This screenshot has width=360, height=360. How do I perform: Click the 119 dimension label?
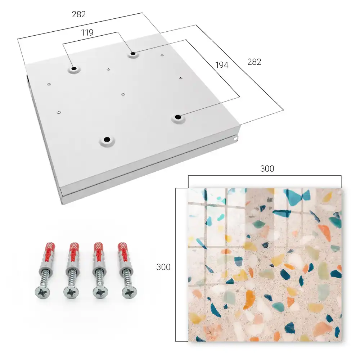tap(87, 33)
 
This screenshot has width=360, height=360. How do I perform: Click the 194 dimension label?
tap(222, 65)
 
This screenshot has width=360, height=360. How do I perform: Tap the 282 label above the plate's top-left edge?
tap(79, 14)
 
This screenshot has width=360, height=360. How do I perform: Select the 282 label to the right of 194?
tap(254, 62)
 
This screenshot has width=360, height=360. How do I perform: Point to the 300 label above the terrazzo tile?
tap(267, 169)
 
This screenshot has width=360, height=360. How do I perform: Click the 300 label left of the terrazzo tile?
tap(163, 267)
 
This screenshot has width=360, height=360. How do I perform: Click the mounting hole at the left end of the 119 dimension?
tap(74, 69)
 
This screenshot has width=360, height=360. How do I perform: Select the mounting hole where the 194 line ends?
tap(178, 117)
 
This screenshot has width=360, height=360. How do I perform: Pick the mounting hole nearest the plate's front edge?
tap(107, 139)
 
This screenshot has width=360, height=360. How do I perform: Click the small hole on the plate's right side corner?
tap(235, 139)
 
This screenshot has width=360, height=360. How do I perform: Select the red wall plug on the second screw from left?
tap(74, 253)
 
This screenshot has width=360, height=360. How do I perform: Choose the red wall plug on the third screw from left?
tap(99, 253)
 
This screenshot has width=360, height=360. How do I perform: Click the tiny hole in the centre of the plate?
tap(123, 94)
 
